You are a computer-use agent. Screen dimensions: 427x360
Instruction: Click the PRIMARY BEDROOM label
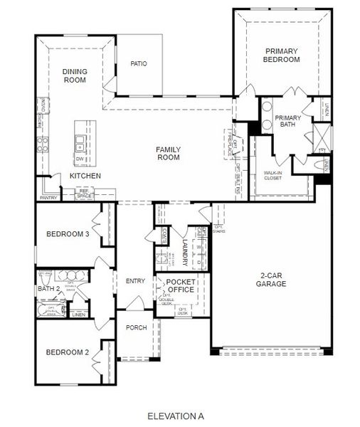tap(282, 56)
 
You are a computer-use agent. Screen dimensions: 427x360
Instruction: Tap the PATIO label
tap(139, 64)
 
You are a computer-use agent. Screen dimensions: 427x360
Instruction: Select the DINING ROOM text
tap(74, 75)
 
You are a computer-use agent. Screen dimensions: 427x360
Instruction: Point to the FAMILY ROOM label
tap(169, 153)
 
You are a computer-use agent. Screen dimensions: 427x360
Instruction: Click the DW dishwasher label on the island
tap(80, 159)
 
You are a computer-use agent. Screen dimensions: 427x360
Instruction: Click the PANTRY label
tap(48, 198)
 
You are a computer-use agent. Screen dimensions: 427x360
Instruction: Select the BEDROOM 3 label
tap(67, 234)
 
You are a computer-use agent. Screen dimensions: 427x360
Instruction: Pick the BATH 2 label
tap(48, 290)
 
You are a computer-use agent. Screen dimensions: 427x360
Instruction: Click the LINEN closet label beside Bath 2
tap(79, 315)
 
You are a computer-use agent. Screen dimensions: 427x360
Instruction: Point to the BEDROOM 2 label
tap(67, 352)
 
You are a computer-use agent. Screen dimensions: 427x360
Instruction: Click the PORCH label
tap(136, 328)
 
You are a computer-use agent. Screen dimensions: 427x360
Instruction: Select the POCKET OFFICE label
tap(181, 286)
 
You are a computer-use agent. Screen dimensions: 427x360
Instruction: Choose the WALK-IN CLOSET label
tap(272, 175)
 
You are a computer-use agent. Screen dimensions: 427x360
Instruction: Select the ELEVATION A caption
tap(176, 415)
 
